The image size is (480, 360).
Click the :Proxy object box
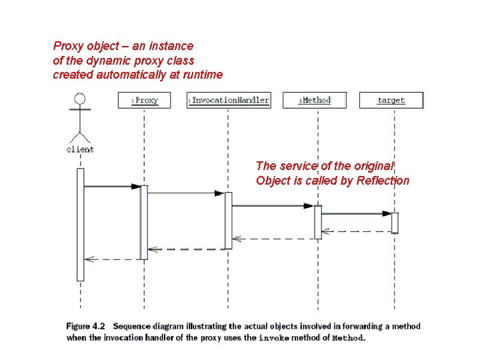(x=144, y=100)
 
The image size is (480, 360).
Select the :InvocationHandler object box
(x=229, y=100)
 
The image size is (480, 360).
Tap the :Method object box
(x=315, y=100)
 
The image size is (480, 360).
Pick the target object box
(x=391, y=100)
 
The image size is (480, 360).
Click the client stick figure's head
(x=80, y=99)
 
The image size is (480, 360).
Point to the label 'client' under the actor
(x=80, y=149)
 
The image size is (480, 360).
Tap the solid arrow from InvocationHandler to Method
(x=272, y=206)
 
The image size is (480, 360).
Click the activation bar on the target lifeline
(x=395, y=223)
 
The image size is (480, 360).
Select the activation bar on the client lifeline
(x=81, y=224)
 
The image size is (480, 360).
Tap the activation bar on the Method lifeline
(x=318, y=222)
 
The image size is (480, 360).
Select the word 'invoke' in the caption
(x=273, y=338)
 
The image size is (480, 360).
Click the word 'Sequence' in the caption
(x=132, y=327)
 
